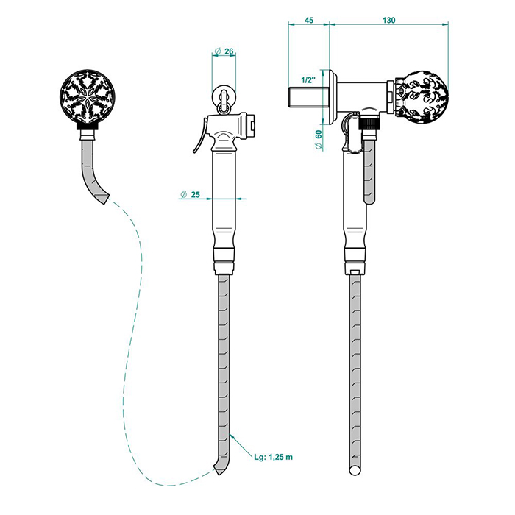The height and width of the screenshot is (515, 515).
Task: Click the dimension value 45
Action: pos(309,20)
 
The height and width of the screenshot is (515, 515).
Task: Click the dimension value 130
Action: pos(389,20)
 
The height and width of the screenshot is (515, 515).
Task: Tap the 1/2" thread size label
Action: pos(308,79)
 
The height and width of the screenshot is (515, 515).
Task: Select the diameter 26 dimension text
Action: pos(224,51)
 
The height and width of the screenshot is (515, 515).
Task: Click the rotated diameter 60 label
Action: pos(319,140)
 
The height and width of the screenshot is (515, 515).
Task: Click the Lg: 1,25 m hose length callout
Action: pos(273,457)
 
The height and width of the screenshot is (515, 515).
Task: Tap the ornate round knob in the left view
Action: pos(88,97)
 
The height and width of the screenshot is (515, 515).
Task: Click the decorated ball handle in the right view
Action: pos(424,97)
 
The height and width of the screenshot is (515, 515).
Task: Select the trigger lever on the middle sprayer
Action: pos(200,136)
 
